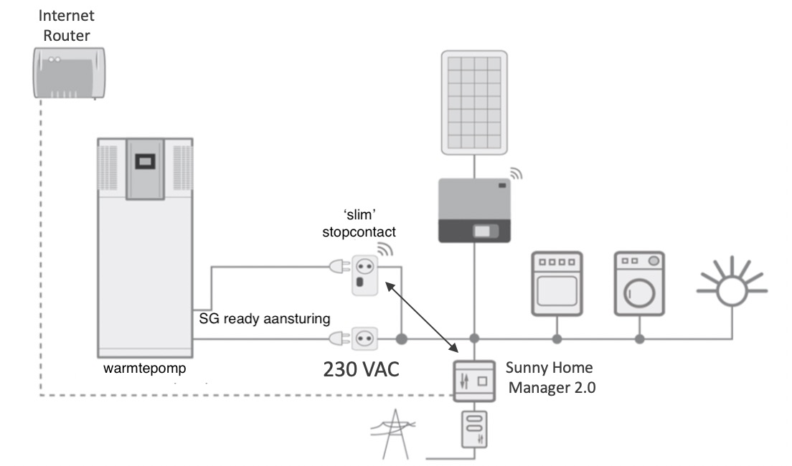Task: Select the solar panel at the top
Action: pyautogui.click(x=473, y=101)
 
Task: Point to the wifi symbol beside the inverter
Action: pyautogui.click(x=516, y=174)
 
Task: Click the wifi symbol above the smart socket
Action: pyautogui.click(x=386, y=248)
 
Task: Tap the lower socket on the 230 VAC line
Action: pyautogui.click(x=363, y=337)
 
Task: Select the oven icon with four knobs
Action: pyautogui.click(x=556, y=284)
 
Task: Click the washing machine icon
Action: pyautogui.click(x=639, y=283)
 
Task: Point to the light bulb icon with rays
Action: pyautogui.click(x=732, y=287)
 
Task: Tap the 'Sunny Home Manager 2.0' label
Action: pyautogui.click(x=549, y=379)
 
